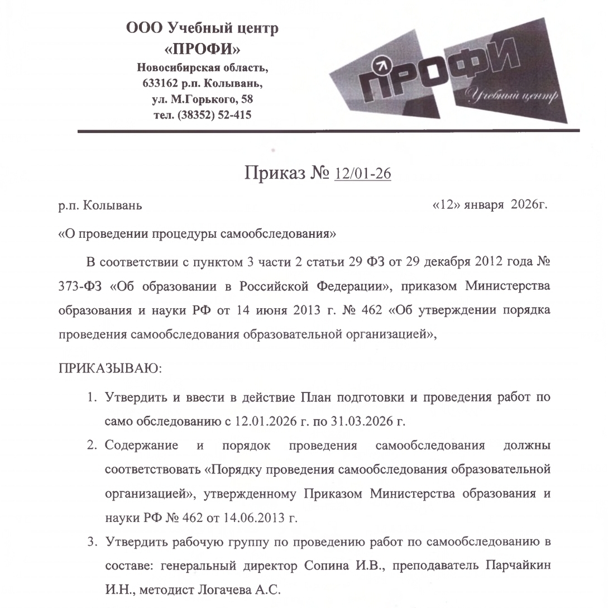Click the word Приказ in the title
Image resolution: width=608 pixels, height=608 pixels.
(x=270, y=174)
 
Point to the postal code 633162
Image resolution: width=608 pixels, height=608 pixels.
(x=162, y=84)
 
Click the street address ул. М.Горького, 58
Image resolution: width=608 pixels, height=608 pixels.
(x=202, y=100)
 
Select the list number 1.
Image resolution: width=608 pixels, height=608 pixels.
(x=89, y=398)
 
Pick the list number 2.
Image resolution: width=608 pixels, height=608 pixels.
(x=90, y=446)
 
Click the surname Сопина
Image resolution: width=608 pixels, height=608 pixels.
(x=327, y=565)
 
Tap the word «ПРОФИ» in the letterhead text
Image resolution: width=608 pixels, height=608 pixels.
(x=202, y=49)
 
